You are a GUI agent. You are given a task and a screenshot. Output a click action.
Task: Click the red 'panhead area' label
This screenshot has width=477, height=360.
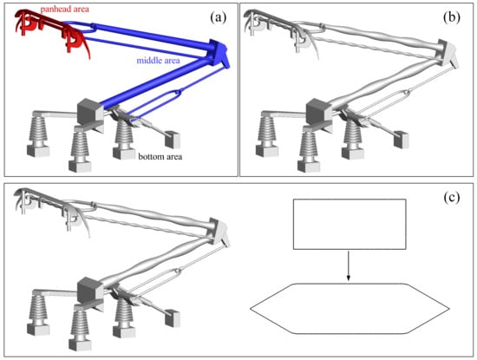coord(65,10)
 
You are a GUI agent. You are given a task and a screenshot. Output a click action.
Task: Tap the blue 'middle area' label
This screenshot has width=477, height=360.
coord(158,60)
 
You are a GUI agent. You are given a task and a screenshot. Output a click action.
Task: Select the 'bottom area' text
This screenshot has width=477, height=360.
coord(160,157)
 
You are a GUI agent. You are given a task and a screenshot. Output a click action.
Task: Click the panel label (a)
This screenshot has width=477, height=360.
coord(219,18)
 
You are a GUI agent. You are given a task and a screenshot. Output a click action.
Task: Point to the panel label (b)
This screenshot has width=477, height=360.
coord(452,18)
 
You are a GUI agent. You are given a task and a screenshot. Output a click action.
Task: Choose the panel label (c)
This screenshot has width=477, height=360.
coord(452,198)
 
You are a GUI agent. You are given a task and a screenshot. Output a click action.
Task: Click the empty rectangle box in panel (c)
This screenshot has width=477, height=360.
coord(350,225)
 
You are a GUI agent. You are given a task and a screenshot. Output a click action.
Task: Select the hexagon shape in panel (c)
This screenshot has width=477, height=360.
coord(350,309)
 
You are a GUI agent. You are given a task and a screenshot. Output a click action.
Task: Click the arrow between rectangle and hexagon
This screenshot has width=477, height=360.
coord(349,265)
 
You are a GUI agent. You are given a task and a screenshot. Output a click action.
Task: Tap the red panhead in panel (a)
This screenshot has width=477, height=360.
coord(52,30)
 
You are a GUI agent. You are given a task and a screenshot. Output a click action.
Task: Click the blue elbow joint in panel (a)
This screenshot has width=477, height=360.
coord(219,54)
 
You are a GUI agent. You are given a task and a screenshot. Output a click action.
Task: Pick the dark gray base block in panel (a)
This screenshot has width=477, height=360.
coord(90,111)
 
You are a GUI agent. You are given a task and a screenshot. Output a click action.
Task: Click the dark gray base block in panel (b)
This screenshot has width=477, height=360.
coord(319,111)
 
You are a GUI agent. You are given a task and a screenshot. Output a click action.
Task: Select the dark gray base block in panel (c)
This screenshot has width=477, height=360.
coord(90,290)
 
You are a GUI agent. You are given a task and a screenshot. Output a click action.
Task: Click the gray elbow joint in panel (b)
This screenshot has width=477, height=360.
coord(448,54)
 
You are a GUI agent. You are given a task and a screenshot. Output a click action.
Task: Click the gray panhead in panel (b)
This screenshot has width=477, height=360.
coord(281,30)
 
